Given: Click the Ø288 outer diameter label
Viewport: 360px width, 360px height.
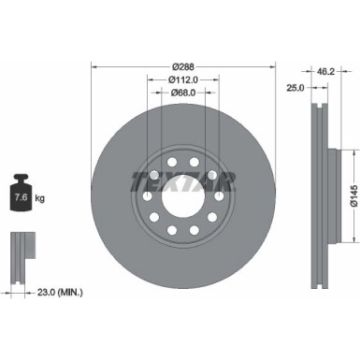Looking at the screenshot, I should tap(183, 66).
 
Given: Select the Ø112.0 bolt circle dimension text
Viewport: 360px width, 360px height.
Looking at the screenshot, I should tap(183, 80).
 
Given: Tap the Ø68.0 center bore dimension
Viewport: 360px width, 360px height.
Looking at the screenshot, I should tap(183, 94).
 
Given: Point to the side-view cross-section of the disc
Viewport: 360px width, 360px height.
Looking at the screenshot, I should tap(320, 178).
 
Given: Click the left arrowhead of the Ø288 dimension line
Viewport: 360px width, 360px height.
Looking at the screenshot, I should tap(94, 66).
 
